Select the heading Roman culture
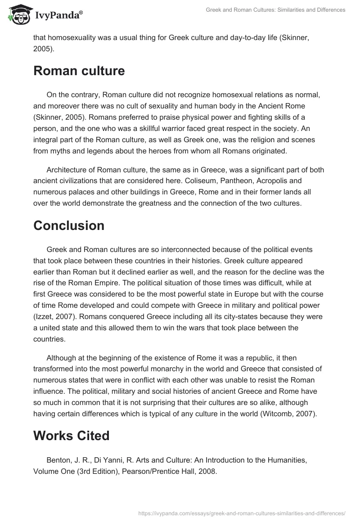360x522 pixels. [x=79, y=71]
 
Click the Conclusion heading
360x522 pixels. [x=69, y=225]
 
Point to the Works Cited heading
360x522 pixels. [x=71, y=436]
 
